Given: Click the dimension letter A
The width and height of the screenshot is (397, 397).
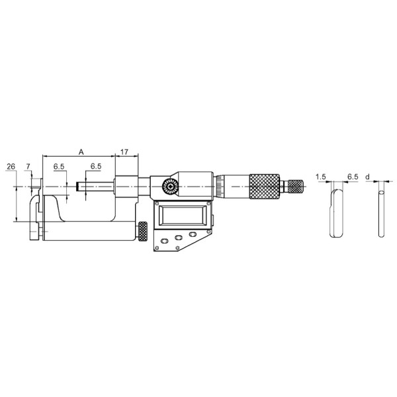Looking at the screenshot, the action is (81, 152).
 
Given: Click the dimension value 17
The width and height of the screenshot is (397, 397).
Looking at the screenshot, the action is (124, 152).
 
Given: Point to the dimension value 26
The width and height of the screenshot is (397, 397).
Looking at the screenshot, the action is (11, 167).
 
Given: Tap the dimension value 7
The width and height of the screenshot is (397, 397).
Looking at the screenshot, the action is (28, 167).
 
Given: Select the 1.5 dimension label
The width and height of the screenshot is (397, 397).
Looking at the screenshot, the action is (321, 177).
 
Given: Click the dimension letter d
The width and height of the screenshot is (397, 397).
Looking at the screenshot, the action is (368, 177).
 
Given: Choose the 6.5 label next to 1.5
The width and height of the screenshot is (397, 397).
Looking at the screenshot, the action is (353, 177).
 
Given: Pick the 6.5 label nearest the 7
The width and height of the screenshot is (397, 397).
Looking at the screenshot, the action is (59, 167).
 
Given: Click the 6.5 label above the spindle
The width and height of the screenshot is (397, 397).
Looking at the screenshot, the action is (96, 166).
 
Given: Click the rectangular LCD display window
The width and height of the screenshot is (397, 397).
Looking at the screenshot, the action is (183, 216).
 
